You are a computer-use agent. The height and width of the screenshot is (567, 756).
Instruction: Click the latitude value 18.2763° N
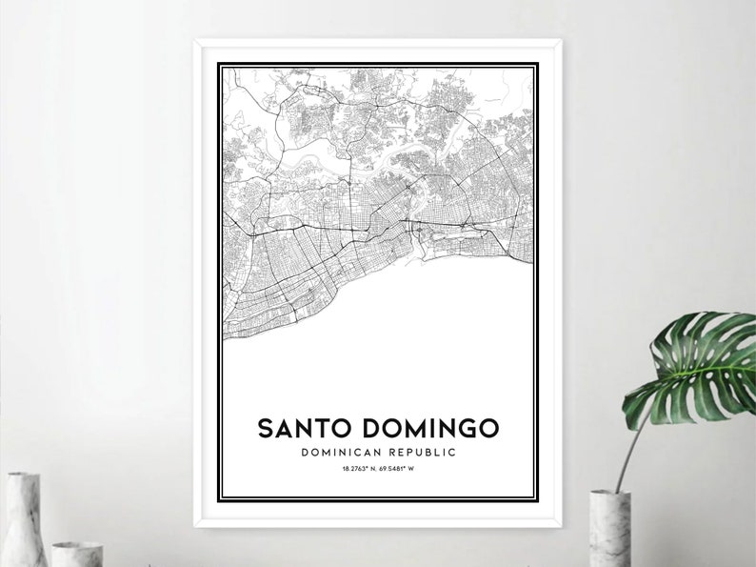coord(356,469)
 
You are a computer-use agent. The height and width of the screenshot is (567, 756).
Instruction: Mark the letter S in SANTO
coord(265,429)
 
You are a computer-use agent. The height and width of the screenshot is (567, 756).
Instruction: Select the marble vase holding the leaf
coord(609,529)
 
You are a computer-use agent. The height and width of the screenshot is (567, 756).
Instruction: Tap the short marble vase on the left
coord(76,554)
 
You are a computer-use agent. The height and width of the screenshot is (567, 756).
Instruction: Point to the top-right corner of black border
coord(537,64)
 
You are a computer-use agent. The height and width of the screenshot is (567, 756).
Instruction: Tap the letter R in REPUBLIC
coord(391,453)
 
